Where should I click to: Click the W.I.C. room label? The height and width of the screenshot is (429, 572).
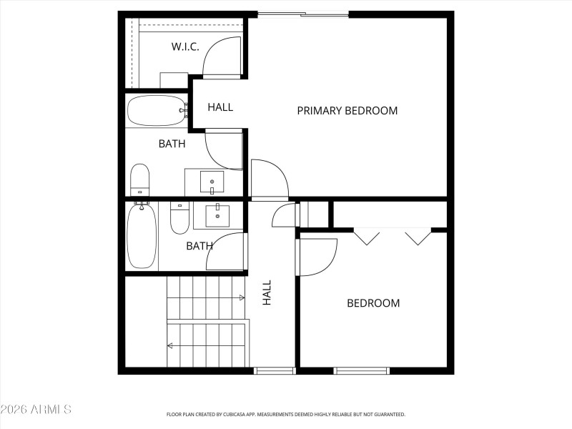click(x=184, y=47)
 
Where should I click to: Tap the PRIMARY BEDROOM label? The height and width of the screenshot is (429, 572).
click(x=347, y=111)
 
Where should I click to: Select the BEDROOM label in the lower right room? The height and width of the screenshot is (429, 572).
click(x=373, y=303)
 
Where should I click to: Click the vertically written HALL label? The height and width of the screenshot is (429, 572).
click(x=267, y=293)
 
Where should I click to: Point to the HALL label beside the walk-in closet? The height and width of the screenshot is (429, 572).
click(x=220, y=107)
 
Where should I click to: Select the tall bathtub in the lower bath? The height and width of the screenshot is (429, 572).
click(x=142, y=236)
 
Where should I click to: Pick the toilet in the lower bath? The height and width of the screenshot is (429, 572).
click(x=179, y=218)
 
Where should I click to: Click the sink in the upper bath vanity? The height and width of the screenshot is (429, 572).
click(x=212, y=182)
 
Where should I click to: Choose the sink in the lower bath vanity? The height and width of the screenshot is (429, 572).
click(x=217, y=214)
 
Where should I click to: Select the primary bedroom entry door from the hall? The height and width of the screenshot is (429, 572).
click(x=268, y=179)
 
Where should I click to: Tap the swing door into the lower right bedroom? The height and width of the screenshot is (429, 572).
click(x=317, y=256)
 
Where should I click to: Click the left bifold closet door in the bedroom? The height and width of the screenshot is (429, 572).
click(x=367, y=237)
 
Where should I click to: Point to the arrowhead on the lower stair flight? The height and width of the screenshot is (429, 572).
click(x=170, y=345)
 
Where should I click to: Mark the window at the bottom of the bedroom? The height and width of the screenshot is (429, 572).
click(x=361, y=370)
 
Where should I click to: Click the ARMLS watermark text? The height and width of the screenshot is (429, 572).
click(x=36, y=410)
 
